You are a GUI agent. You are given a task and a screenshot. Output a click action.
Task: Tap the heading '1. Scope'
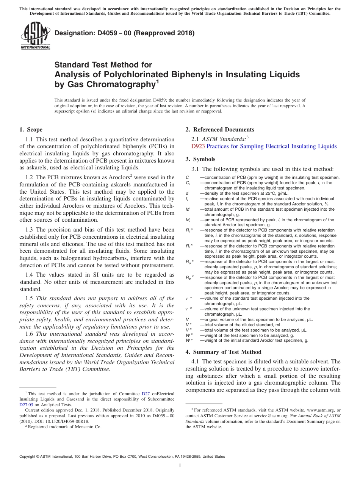pyautogui.click(x=31, y=130)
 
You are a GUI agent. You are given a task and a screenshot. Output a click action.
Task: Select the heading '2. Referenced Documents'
pyautogui.click(x=220, y=130)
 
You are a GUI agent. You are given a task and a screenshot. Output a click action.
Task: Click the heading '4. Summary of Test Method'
pyautogui.click(x=223, y=352)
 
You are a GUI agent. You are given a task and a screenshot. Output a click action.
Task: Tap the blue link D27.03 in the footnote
pyautogui.click(x=27, y=404)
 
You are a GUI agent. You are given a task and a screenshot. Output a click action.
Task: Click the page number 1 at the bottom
pyautogui.click(x=180, y=466)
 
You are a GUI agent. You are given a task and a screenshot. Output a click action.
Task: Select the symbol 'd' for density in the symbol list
pyautogui.click(x=187, y=193)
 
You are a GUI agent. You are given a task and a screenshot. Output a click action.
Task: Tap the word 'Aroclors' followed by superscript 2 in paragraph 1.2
pyautogui.click(x=118, y=177)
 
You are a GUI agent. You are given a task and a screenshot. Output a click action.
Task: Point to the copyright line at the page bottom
pyautogui.click(x=122, y=457)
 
